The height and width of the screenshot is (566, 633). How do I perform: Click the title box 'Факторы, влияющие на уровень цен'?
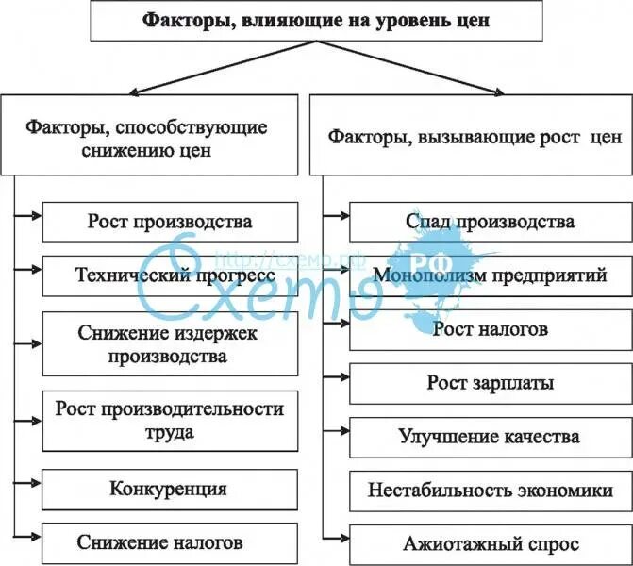click(316, 22)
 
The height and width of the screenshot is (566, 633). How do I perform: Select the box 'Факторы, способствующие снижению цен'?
click(146, 138)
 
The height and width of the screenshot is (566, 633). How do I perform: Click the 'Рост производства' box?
click(170, 223)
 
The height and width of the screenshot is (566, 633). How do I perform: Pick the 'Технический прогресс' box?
click(170, 275)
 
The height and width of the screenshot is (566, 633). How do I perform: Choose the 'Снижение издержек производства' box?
click(170, 344)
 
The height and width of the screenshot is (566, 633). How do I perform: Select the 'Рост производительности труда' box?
click(170, 420)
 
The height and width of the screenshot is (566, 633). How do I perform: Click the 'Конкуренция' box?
click(170, 489)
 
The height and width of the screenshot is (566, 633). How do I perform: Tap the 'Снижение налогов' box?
click(170, 542)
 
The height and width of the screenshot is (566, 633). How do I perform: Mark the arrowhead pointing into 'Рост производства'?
click(37, 217)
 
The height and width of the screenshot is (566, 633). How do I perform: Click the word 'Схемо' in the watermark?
click(255, 288)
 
